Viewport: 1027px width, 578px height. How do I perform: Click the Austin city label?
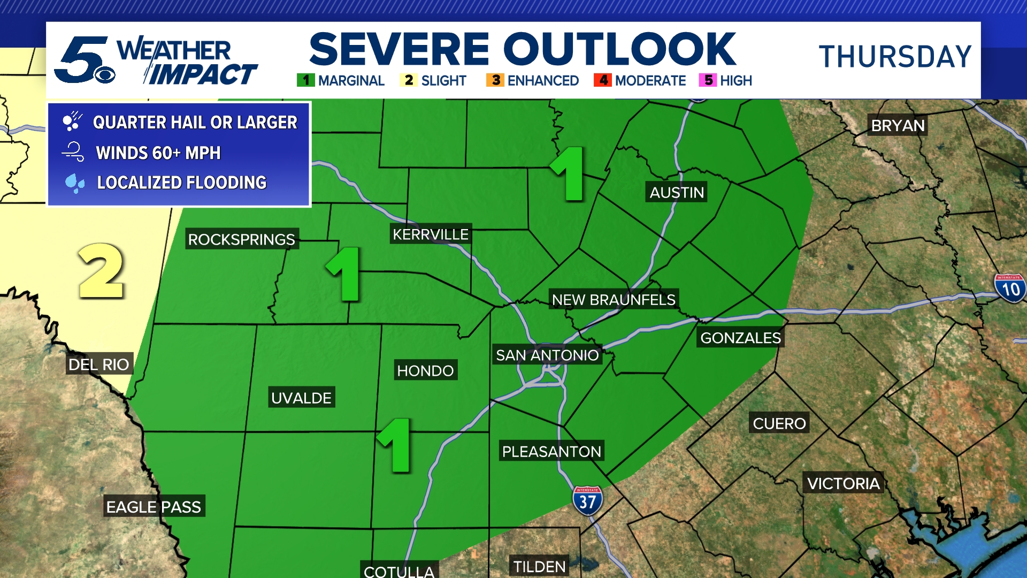click(x=677, y=193)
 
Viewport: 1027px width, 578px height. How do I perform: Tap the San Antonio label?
click(x=547, y=355)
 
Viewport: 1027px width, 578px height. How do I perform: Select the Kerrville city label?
click(x=431, y=234)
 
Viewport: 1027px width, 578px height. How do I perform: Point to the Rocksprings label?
click(x=242, y=239)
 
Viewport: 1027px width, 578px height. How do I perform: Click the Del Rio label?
click(x=99, y=364)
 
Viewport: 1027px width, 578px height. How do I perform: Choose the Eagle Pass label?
click(x=154, y=507)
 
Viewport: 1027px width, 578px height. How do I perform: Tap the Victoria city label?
click(x=844, y=484)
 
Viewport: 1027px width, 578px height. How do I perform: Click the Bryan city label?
click(x=898, y=126)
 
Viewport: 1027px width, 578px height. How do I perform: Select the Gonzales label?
click(x=741, y=338)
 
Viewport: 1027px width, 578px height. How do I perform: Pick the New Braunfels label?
click(x=614, y=300)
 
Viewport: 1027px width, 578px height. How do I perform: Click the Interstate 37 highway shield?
click(x=587, y=501)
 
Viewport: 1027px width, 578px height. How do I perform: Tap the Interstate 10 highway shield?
click(x=1010, y=288)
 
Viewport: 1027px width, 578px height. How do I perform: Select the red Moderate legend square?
click(x=603, y=80)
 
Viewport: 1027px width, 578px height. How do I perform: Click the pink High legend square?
click(x=708, y=80)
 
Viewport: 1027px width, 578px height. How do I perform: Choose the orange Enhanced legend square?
click(x=495, y=80)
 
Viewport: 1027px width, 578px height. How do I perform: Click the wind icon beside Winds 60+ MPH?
click(x=73, y=152)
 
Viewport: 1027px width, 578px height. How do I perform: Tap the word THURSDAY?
click(x=895, y=57)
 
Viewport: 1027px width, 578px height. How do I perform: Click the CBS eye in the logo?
click(x=105, y=75)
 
